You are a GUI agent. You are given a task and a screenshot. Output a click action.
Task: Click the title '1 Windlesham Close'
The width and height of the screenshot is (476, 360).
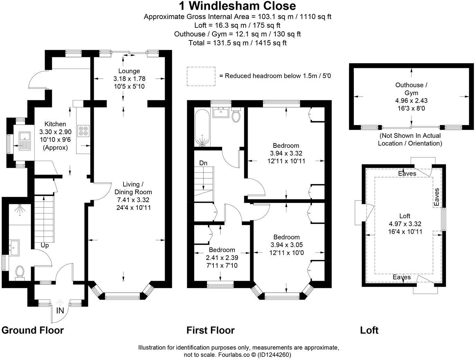(237, 6)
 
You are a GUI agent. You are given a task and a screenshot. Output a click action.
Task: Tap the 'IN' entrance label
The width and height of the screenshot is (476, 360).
(60, 310)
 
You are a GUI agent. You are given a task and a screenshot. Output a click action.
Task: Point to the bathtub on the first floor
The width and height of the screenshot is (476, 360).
(201, 128)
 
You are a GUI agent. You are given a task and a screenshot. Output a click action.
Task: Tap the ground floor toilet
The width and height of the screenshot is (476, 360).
(20, 272)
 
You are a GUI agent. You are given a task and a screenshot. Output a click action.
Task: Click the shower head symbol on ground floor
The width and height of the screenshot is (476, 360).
(20, 209)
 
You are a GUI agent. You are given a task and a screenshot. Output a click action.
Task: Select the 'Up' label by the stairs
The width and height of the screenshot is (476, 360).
(45, 245)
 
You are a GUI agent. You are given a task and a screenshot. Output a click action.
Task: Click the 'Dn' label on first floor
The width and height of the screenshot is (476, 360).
(203, 163)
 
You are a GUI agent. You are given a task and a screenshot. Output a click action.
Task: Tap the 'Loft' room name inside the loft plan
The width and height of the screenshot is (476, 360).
(405, 216)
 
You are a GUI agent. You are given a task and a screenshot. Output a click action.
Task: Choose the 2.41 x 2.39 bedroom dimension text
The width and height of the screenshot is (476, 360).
(222, 258)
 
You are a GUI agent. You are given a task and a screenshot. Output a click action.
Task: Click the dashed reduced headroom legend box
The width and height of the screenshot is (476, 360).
(201, 76)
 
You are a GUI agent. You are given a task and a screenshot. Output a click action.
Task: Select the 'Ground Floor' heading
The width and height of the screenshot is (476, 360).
(33, 330)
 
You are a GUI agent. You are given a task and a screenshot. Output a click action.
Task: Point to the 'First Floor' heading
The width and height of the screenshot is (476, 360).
(210, 330)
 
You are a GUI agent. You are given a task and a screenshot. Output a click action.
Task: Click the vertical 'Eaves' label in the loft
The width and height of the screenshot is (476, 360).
(437, 197)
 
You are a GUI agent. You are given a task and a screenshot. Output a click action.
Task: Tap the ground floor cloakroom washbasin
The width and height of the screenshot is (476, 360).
(15, 248)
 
